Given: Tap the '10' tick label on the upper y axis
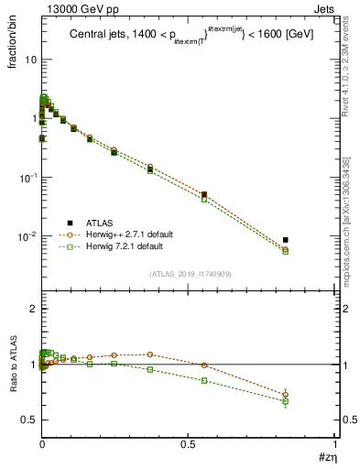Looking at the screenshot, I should coord(28,60).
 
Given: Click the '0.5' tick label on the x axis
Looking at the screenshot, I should coord(189,442).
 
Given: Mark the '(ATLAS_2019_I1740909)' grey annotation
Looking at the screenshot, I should coord(189,274).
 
